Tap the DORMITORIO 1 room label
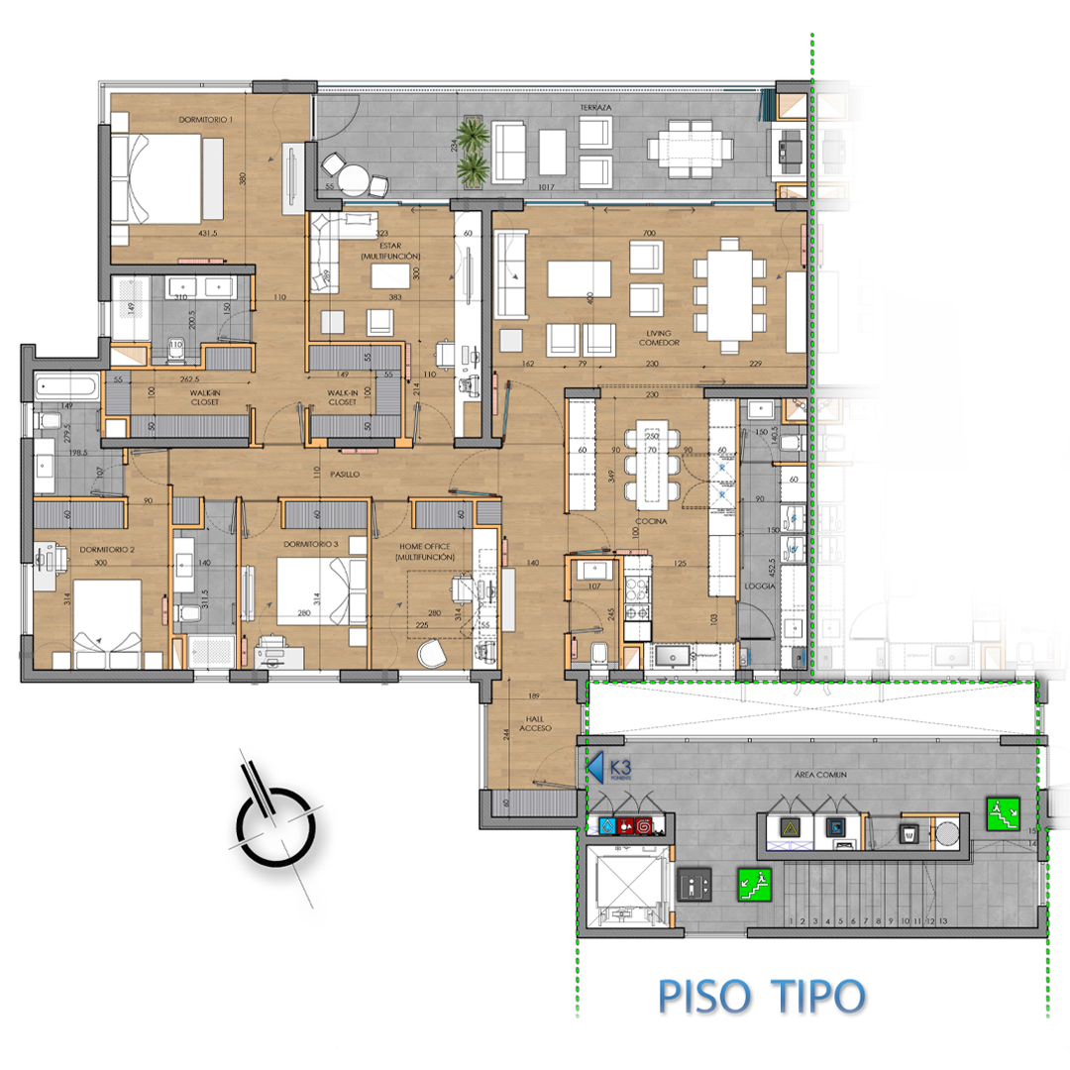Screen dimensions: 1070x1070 (206, 120)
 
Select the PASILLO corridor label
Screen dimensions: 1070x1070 (344, 476)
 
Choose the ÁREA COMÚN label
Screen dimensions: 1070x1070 (817, 775)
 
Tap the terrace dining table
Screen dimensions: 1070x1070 (692, 151)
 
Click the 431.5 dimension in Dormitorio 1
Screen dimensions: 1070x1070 (207, 235)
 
